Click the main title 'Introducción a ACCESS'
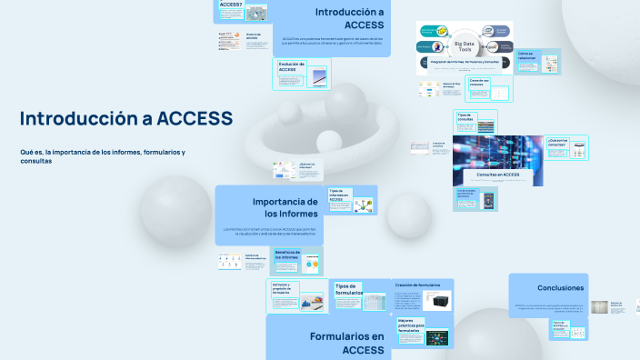coord(126,119)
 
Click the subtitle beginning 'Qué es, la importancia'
coord(103,156)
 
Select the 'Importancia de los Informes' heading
coord(285,207)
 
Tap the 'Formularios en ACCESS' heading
coord(346,343)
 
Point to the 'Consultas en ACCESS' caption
coord(497,174)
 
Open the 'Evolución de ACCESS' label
coord(292,66)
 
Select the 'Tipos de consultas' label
coord(465,117)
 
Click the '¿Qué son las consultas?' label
coord(557,142)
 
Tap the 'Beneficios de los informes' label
coord(286,255)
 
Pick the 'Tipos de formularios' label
coord(348,289)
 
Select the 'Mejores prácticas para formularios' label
coord(411,325)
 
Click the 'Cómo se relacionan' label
coord(527,55)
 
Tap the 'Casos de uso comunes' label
coord(479,82)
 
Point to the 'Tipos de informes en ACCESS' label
coord(339,195)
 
